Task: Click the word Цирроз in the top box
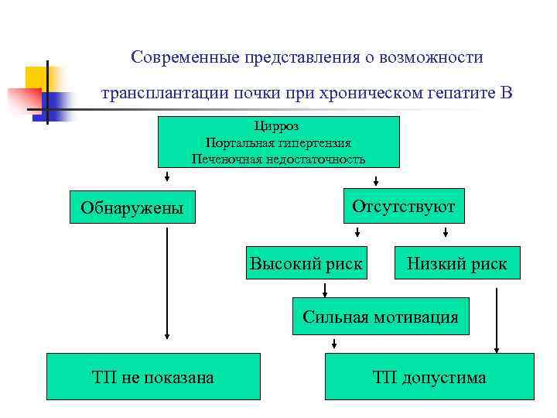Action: point(278,125)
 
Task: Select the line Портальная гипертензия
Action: point(278,142)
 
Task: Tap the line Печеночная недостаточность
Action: point(278,159)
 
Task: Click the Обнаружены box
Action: point(132,207)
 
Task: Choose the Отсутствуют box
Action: point(404,206)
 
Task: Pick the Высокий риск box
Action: point(306,263)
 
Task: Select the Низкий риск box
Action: point(458,263)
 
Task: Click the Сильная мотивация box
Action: point(381,316)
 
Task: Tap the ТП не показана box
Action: point(153,377)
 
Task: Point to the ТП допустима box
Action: point(429,377)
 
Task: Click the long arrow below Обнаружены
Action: point(167,283)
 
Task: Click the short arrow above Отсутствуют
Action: point(376,180)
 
